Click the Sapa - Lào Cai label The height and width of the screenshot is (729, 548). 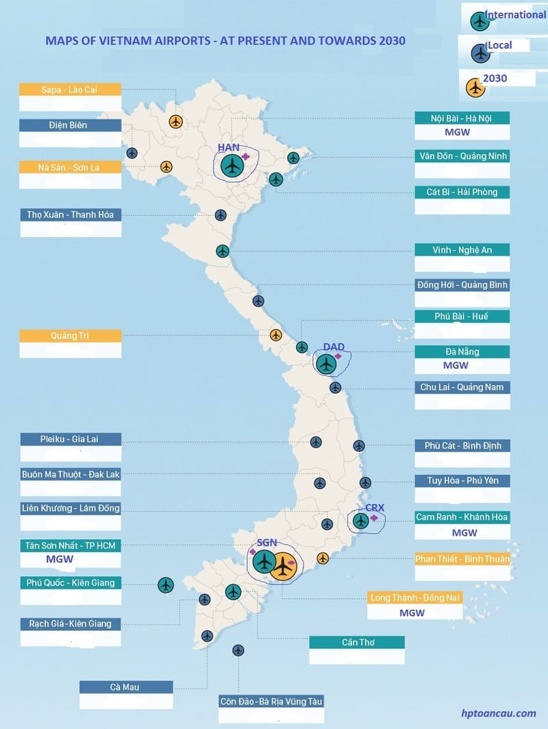70,89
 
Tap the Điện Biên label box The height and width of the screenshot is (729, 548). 70,125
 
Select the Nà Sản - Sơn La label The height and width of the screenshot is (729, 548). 70,167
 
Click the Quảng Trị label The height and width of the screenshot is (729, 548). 70,336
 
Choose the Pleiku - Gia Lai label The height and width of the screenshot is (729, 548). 70,438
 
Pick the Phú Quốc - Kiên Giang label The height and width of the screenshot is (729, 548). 70,583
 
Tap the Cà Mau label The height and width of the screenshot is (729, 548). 126,687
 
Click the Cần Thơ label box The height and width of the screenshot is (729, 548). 357,643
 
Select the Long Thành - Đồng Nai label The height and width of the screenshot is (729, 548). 415,597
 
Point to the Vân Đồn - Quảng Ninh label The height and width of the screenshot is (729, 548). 463,156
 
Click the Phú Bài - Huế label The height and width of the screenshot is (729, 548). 462,316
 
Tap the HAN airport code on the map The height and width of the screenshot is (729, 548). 228,147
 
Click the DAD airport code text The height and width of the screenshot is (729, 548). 334,347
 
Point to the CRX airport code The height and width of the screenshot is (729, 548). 375,508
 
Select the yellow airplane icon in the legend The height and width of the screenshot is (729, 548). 474,88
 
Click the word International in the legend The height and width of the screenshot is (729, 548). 515,14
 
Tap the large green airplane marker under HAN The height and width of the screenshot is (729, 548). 232,165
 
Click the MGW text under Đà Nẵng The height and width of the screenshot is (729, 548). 456,366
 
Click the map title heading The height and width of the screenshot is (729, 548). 225,41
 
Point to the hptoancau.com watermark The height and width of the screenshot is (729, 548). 499,713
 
